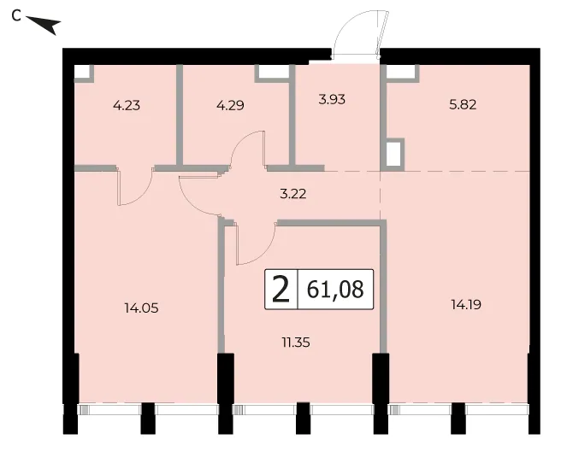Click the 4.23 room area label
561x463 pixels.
tap(127, 105)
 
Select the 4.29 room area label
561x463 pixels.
tap(230, 105)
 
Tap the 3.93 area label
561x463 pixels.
tap(332, 99)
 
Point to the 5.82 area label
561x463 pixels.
tap(463, 105)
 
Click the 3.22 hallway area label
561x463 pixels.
tap(293, 194)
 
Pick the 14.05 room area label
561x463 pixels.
tap(141, 308)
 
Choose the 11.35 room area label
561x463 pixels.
tap(296, 343)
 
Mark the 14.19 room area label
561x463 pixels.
tap(466, 305)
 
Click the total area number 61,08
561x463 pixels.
tap(335, 289)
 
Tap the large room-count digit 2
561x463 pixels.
tap(280, 290)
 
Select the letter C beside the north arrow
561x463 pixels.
tap(16, 15)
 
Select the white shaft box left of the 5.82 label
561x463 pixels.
tap(393, 154)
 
